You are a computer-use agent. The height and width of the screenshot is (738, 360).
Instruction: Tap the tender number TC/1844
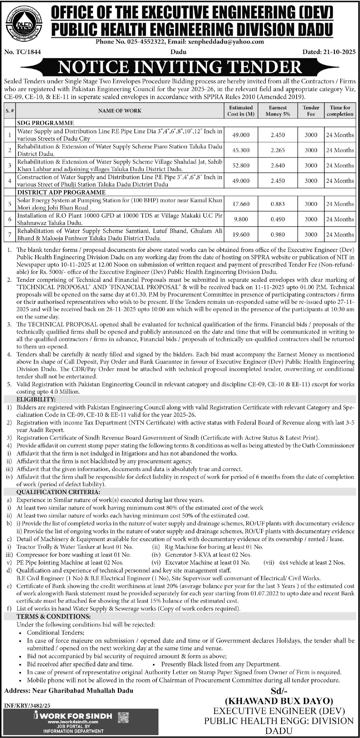click(x=23, y=52)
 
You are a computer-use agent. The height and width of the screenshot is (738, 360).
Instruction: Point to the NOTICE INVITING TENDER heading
click(x=180, y=67)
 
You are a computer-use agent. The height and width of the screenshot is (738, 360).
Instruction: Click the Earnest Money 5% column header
click(x=277, y=111)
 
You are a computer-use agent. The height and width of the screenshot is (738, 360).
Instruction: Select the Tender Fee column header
click(x=311, y=111)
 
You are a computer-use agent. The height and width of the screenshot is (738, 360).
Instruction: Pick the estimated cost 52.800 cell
click(x=240, y=165)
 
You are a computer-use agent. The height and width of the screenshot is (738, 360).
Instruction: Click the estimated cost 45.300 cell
click(x=240, y=150)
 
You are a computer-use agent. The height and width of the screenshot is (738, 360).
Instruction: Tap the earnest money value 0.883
click(x=277, y=204)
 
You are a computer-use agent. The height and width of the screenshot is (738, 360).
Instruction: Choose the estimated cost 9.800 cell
click(x=240, y=219)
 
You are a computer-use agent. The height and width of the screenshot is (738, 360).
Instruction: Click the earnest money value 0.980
click(x=277, y=235)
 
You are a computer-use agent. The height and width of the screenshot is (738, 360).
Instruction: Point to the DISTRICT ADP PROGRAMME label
click(x=61, y=192)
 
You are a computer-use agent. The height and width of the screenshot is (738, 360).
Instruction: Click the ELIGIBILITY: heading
click(x=36, y=399)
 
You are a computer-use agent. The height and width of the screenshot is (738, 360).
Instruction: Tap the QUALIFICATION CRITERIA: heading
click(x=58, y=492)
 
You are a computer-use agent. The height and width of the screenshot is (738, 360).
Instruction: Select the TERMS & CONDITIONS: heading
click(x=54, y=616)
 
